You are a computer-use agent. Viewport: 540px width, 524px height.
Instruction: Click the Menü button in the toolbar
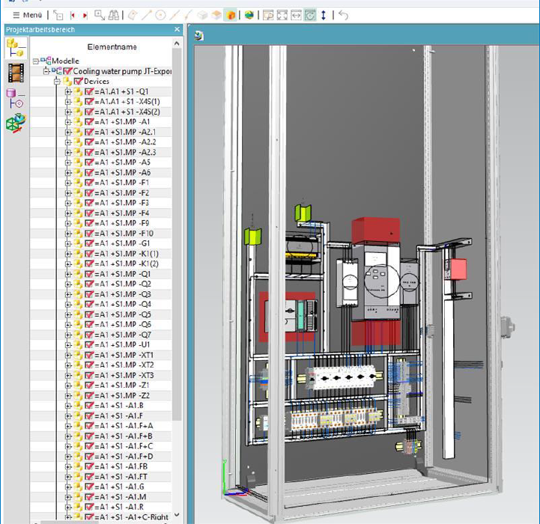click(x=27, y=15)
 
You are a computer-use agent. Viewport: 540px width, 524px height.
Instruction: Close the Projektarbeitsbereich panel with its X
click(x=178, y=29)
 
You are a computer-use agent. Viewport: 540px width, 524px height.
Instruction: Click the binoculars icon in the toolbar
click(x=113, y=15)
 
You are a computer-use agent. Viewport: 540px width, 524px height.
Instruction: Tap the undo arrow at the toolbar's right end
click(x=344, y=15)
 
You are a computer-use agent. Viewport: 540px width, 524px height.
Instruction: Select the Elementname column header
click(x=112, y=46)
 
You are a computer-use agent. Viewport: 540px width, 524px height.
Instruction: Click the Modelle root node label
click(x=65, y=61)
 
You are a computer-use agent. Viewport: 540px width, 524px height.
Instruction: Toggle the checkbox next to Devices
click(x=78, y=81)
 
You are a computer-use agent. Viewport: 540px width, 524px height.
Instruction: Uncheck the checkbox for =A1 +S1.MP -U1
click(x=89, y=345)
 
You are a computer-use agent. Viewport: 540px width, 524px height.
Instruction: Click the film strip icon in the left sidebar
click(x=15, y=73)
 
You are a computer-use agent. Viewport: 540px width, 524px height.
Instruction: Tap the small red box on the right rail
click(x=456, y=269)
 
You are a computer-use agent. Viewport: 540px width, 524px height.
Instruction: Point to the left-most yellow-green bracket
click(x=252, y=237)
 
